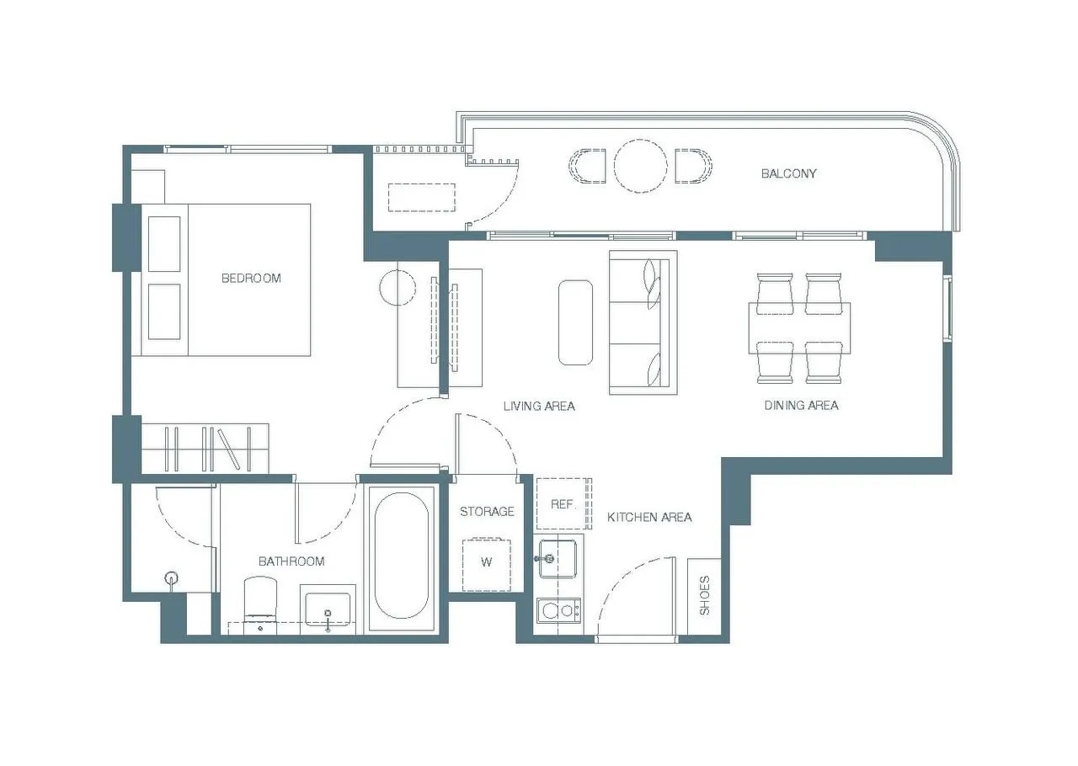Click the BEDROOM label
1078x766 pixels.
251,278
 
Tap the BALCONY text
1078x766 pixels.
788,173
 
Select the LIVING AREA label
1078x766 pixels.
539,406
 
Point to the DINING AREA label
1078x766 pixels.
801,405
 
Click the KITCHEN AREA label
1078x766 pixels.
649,517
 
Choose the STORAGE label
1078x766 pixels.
487,512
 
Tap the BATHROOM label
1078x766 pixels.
291,561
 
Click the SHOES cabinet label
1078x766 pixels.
704,595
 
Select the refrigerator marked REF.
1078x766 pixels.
564,503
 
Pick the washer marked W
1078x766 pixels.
487,564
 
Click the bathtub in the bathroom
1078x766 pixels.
401,556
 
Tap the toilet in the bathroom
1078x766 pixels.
260,605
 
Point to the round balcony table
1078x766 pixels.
641,166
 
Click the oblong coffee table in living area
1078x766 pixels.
575,322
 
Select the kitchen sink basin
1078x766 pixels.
558,558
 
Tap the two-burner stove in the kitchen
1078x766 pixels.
558,611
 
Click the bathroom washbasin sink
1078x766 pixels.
328,609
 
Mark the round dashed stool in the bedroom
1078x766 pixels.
397,288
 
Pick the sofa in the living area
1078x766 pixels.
643,322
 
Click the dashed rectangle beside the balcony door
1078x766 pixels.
422,197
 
